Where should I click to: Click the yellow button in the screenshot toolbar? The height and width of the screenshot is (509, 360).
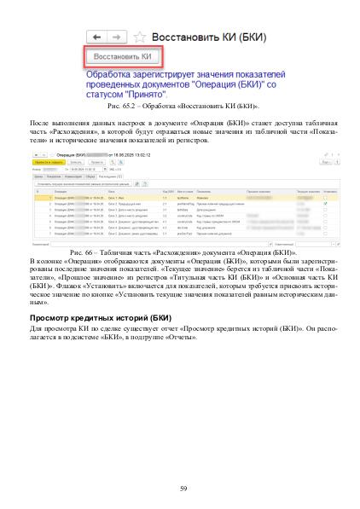[x=43, y=162]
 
